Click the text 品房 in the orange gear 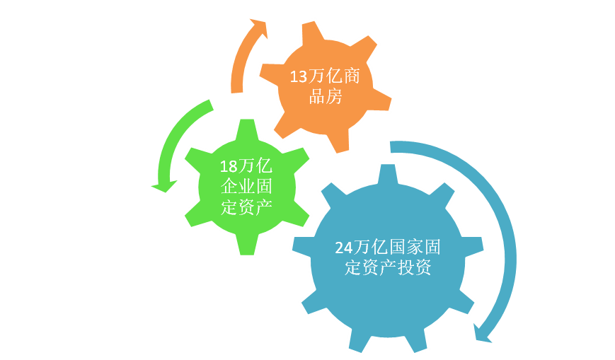[326, 97]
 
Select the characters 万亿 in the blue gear [370, 248]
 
